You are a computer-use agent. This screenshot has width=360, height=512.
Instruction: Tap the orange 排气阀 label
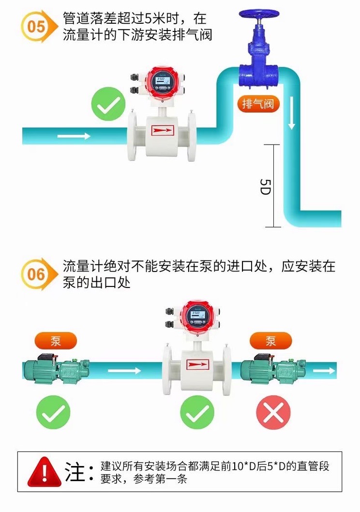tap(258, 104)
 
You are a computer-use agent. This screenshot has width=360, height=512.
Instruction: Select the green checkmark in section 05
tap(108, 104)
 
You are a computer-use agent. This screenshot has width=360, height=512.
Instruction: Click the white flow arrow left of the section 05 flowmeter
tap(74, 136)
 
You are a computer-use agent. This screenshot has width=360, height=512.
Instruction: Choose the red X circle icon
tap(273, 412)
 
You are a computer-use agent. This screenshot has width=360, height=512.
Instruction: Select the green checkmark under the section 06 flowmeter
tap(197, 412)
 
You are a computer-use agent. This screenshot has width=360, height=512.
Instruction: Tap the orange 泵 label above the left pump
tap(56, 341)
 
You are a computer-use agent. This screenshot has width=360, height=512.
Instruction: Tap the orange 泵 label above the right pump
tap(271, 341)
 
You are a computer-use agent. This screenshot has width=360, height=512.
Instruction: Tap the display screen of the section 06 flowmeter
tap(196, 316)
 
